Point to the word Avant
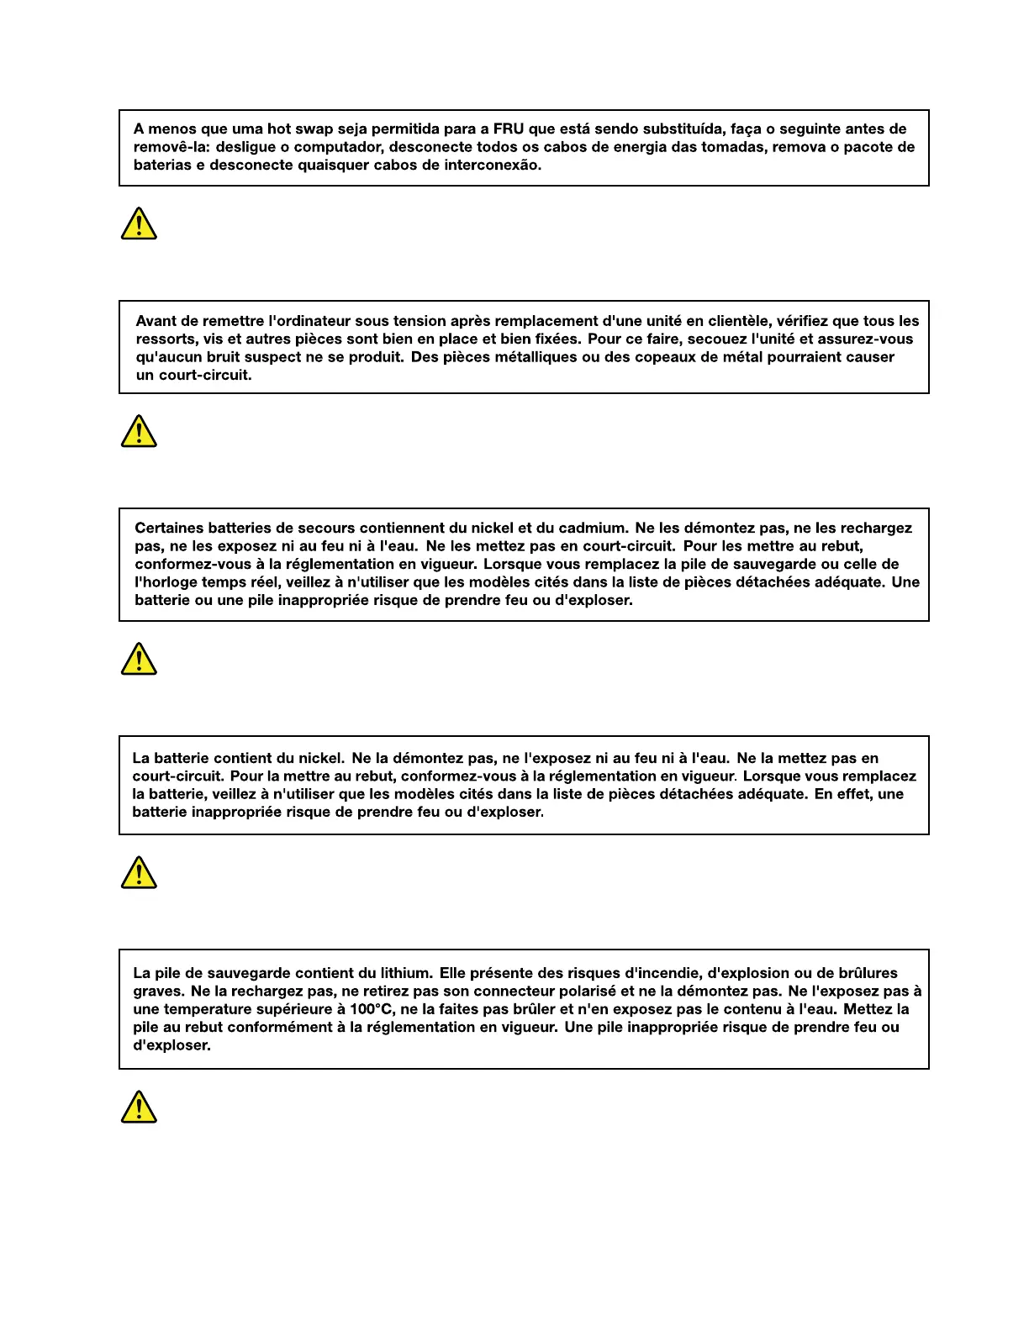coord(156,321)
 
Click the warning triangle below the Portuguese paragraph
coord(139,225)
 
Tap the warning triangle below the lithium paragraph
coord(139,1107)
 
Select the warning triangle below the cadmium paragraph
coord(139,660)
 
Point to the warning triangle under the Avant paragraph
coord(139,432)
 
